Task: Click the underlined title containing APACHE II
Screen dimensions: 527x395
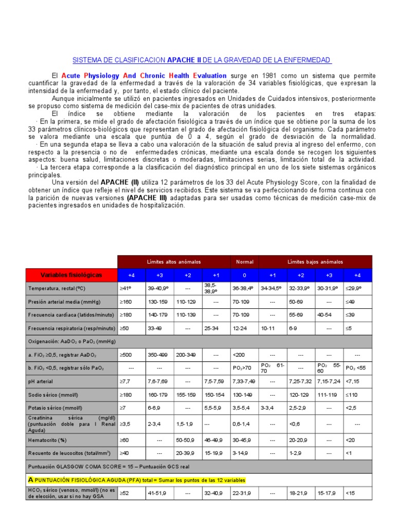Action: pyautogui.click(x=201, y=60)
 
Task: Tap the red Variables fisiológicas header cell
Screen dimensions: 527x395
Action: pyautogui.click(x=71, y=275)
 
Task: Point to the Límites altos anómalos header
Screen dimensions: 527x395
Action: pyautogui.click(x=174, y=261)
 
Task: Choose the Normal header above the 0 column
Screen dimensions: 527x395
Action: pyautogui.click(x=244, y=261)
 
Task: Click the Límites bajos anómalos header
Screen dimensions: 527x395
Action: pyautogui.click(x=315, y=261)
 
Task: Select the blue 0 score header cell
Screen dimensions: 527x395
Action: pyautogui.click(x=244, y=275)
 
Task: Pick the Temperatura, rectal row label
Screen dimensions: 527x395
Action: pyautogui.click(x=58, y=288)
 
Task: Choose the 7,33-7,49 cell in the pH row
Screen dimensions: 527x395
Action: pyautogui.click(x=244, y=382)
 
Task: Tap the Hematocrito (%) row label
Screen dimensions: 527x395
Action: pyautogui.click(x=48, y=440)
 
